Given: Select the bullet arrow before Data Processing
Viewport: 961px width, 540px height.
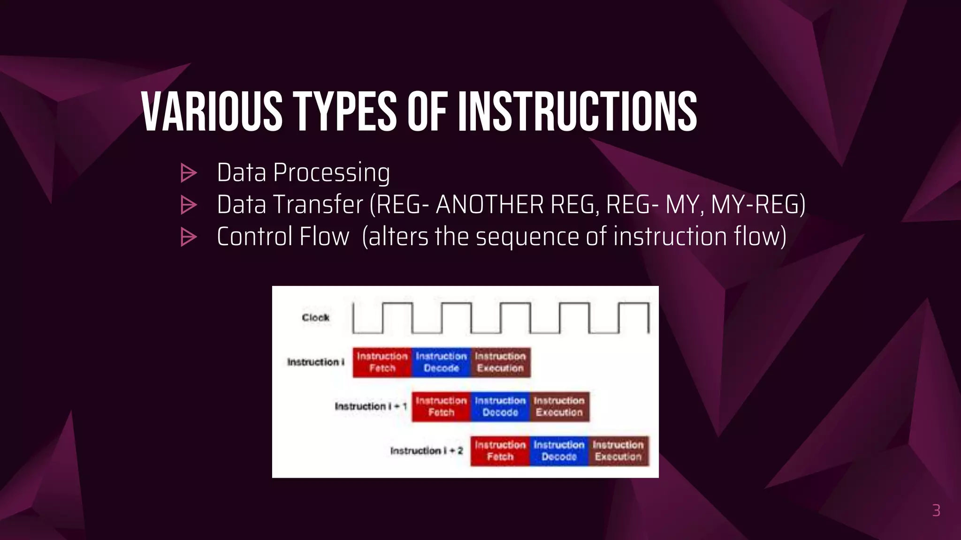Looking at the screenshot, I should coord(189,173).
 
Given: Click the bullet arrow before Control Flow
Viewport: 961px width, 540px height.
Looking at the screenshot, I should coord(189,237).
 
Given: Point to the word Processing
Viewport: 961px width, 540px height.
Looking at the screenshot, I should coord(331,173).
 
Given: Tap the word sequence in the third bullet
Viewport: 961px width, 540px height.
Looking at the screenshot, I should coord(527,236).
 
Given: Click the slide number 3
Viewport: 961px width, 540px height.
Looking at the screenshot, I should coord(936,510).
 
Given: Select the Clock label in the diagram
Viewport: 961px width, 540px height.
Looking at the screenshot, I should coord(315,318).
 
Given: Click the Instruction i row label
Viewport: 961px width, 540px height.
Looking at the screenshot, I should coord(315,362).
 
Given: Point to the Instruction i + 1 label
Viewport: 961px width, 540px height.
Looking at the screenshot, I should coord(370,406).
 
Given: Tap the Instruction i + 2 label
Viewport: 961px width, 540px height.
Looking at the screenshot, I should coord(426,451).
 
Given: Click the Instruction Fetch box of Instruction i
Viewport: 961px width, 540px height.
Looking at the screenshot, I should coord(382,362).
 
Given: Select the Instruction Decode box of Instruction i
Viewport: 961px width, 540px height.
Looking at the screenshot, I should coord(441,362).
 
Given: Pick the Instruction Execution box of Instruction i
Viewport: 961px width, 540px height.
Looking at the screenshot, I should coord(500,362).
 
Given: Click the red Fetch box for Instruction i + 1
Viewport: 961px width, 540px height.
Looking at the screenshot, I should coord(441,406).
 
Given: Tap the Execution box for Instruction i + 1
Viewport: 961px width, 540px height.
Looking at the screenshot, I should coord(559,406).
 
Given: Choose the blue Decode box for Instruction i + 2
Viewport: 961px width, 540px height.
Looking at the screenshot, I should coord(559,451).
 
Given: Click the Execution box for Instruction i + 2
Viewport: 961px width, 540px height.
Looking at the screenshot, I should coord(618,451).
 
